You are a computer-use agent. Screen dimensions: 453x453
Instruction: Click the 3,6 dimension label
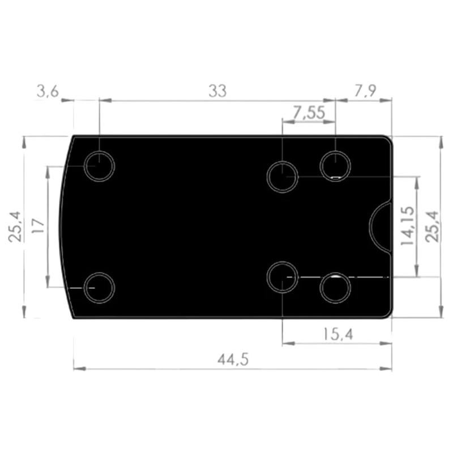[x=48, y=91]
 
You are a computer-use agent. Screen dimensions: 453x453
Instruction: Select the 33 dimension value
[x=217, y=91]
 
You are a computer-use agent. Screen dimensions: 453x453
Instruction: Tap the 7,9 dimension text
[x=365, y=91]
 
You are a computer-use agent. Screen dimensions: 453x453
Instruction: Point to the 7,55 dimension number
[x=309, y=112]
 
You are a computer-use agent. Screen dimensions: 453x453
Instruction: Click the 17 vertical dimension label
[x=38, y=226]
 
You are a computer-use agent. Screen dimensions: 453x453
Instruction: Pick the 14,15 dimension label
[x=408, y=225]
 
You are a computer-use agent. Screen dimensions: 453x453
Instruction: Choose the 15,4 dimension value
[x=337, y=334]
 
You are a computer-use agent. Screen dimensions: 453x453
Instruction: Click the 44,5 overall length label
[x=233, y=360]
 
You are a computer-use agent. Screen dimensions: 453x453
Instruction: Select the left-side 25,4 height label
[x=15, y=226]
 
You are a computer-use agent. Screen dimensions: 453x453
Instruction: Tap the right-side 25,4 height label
[x=432, y=226]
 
